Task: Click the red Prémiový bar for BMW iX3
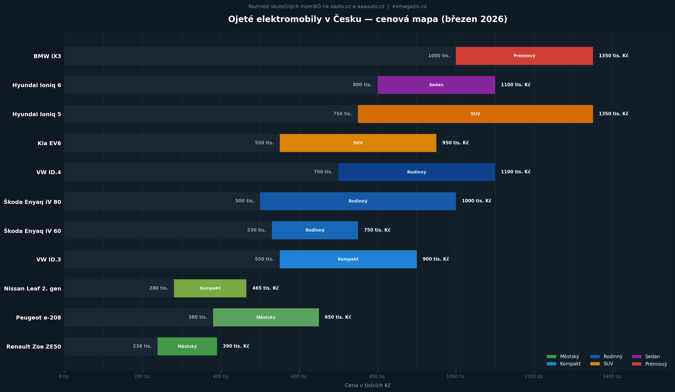(x=524, y=56)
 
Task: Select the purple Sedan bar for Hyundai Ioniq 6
(x=436, y=85)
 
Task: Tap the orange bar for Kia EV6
(x=358, y=143)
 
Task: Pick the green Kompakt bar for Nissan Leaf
(x=210, y=288)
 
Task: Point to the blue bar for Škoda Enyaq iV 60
(x=315, y=230)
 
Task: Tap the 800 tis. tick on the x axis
(x=377, y=376)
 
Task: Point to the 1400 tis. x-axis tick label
(x=612, y=376)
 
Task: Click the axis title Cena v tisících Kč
(x=367, y=385)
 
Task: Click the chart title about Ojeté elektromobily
(x=367, y=19)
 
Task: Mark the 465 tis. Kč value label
(x=265, y=288)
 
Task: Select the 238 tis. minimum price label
(x=142, y=346)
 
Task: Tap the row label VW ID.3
(x=49, y=259)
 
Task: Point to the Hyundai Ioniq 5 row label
(x=37, y=114)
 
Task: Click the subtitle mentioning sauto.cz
(x=337, y=6)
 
